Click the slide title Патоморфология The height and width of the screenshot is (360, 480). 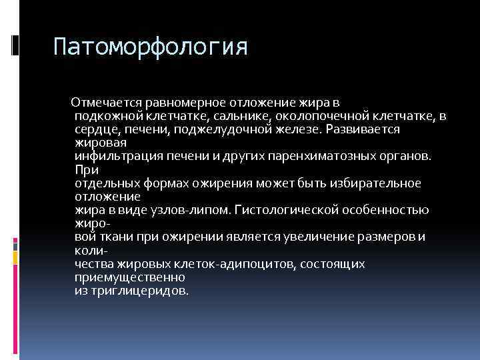click(x=151, y=47)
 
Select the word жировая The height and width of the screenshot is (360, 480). click(x=98, y=142)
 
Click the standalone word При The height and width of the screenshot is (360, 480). click(x=85, y=169)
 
